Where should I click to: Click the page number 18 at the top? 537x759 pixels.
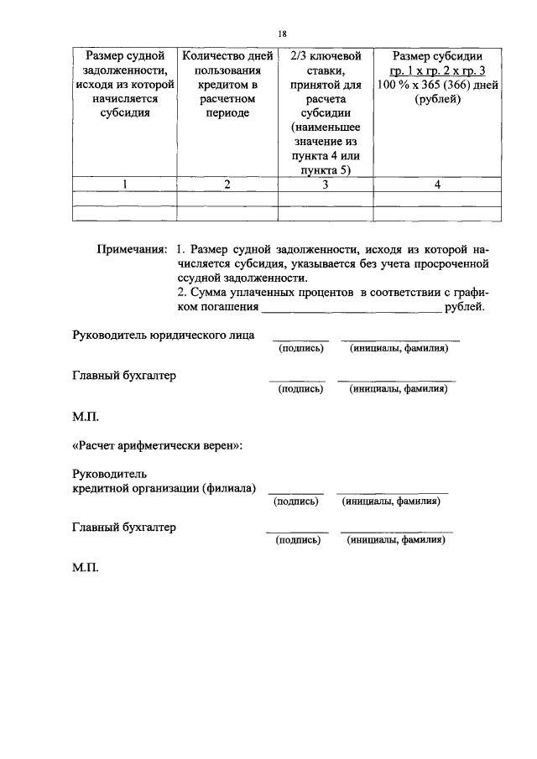click(282, 34)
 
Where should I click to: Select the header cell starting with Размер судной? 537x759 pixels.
click(124, 84)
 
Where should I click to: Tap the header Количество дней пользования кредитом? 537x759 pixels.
click(227, 84)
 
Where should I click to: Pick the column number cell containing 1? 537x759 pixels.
click(124, 185)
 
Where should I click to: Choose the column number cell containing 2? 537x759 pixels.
click(227, 185)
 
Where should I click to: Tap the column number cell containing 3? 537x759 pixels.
click(325, 185)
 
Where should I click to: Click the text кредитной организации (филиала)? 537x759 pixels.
click(164, 488)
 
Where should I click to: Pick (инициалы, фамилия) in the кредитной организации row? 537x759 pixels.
click(391, 501)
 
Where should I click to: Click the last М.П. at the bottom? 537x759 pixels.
click(86, 568)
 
